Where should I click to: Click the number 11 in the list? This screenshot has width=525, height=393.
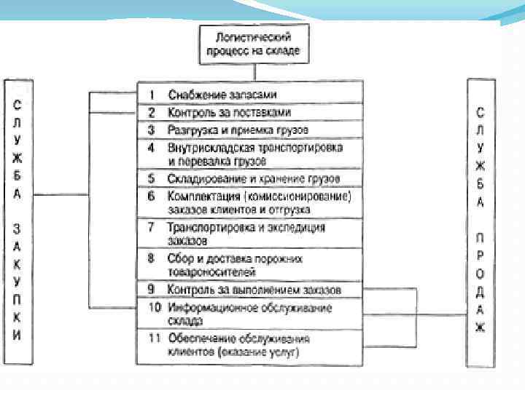tap(154, 338)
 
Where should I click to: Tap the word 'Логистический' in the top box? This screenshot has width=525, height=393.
tap(254, 36)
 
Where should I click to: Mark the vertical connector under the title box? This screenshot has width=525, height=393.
tap(254, 72)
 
